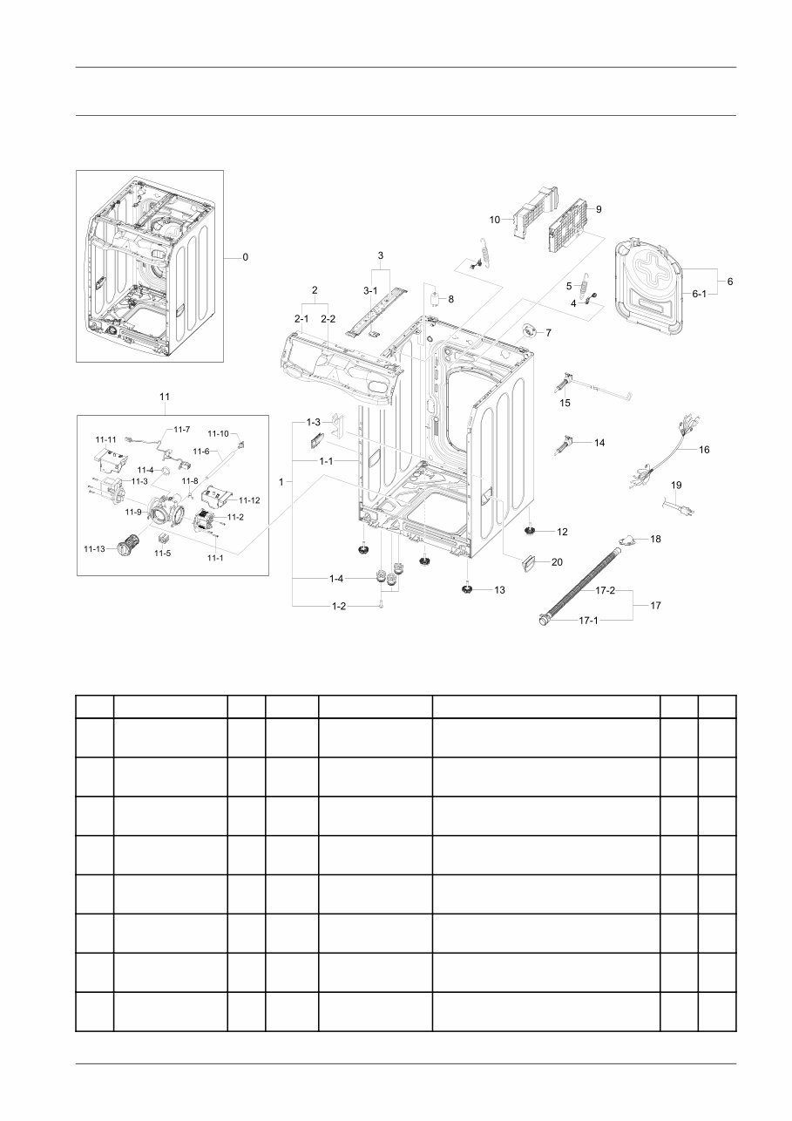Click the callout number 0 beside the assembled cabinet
(x=245, y=257)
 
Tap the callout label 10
(x=494, y=221)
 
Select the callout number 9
(x=599, y=209)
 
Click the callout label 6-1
(x=700, y=295)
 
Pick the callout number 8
(x=450, y=299)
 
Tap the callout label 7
(x=548, y=332)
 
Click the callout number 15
(x=565, y=403)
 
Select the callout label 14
(x=599, y=443)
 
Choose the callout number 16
(x=704, y=450)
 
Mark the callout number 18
(x=655, y=540)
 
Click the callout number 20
(x=557, y=562)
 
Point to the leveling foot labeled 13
(x=468, y=590)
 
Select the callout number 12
(x=562, y=531)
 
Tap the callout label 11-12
(x=249, y=499)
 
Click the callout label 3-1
(x=370, y=290)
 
